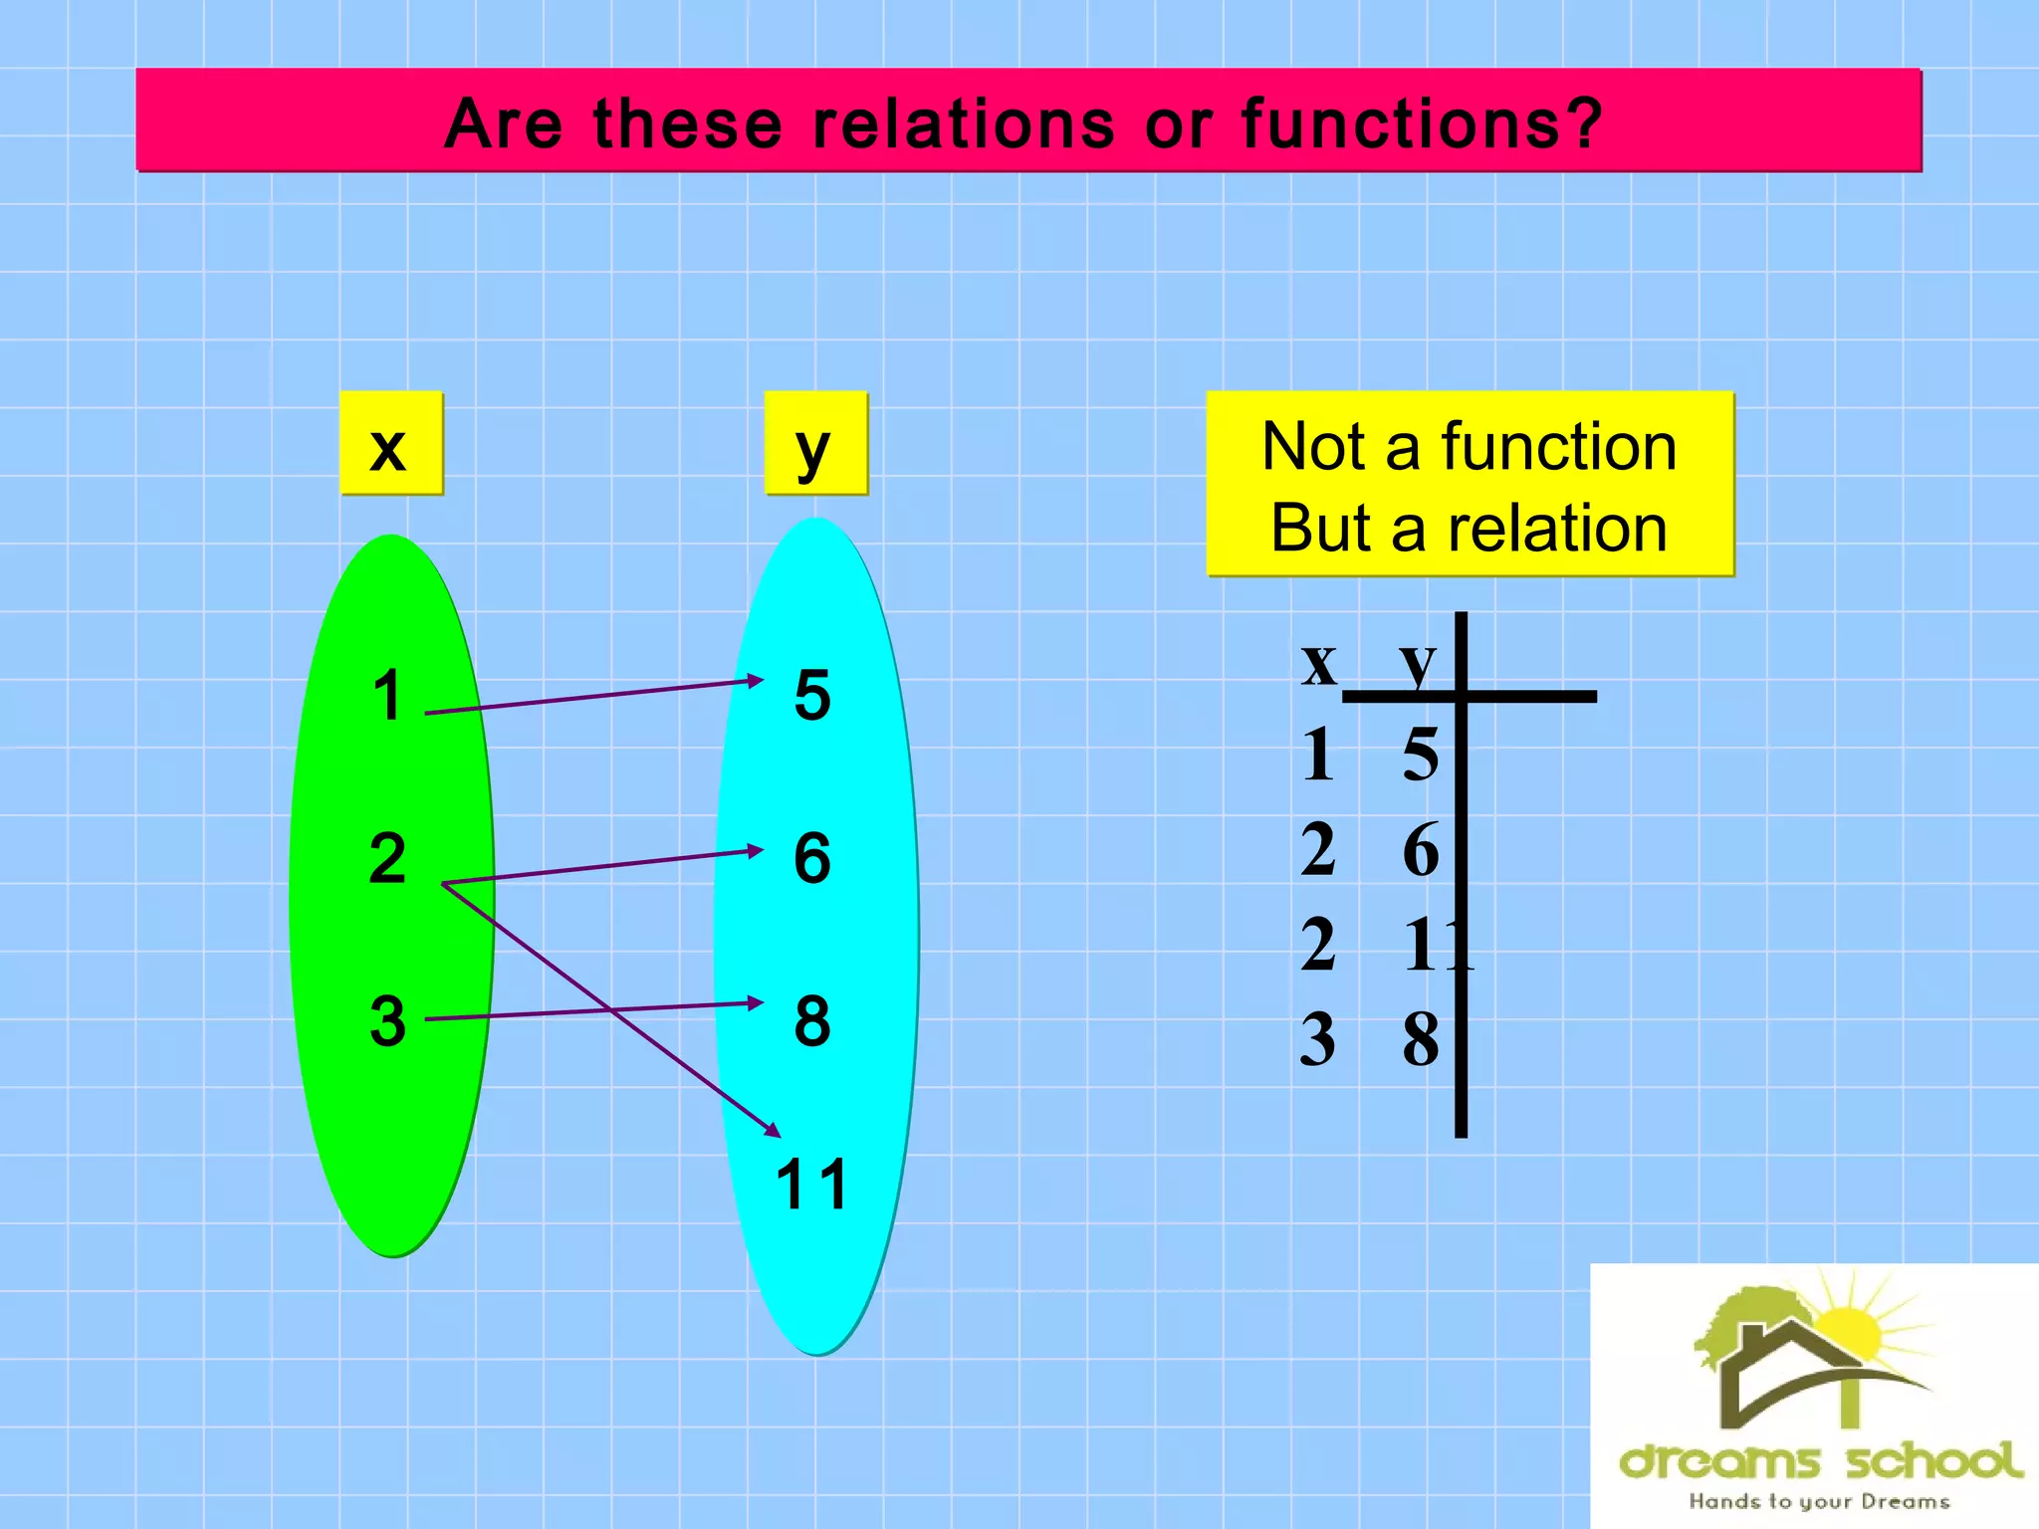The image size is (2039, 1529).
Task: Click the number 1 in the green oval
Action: click(386, 695)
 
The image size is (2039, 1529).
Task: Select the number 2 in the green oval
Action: click(387, 858)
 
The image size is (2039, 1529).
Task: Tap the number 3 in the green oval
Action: click(387, 1021)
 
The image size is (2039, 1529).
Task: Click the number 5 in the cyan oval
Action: click(812, 695)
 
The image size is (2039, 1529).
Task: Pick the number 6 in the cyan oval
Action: click(812, 858)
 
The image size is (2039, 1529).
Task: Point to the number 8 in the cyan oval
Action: click(812, 1021)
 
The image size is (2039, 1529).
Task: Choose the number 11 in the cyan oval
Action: click(811, 1185)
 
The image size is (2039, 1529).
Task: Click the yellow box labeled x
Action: click(390, 444)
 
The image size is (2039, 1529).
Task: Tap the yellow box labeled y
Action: click(815, 444)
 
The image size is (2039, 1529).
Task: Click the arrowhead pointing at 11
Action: click(773, 1130)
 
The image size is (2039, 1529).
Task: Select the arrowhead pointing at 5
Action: click(756, 681)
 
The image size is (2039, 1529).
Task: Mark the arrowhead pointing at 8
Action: click(756, 1002)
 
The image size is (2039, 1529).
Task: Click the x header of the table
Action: click(1319, 662)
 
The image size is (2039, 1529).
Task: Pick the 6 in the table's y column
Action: click(1421, 849)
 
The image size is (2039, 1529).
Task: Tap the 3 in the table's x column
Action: click(1318, 1039)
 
